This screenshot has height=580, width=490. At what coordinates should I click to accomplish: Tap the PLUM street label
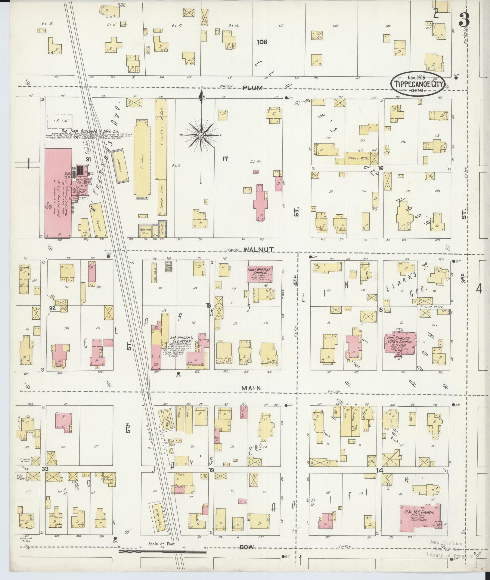[253, 88]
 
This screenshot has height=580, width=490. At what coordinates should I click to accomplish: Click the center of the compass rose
[201, 136]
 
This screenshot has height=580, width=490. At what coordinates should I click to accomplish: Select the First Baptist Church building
[260, 274]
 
